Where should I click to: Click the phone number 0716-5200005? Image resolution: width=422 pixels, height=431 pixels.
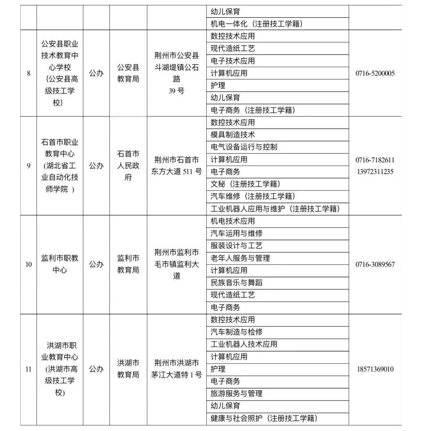[x=375, y=73]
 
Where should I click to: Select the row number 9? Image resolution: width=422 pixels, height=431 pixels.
[x=29, y=165]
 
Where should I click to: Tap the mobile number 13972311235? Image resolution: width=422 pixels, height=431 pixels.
[x=375, y=172]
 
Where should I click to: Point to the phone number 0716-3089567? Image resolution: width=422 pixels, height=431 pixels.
[x=375, y=264]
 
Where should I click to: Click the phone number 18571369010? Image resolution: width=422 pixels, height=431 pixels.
[x=375, y=369]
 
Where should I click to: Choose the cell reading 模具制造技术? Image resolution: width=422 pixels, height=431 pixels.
[x=233, y=135]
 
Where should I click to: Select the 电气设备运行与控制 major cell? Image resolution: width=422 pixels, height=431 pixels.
[x=244, y=147]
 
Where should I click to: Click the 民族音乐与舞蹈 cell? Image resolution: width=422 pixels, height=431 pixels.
[x=236, y=283]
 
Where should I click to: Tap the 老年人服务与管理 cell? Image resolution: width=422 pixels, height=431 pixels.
[x=240, y=258]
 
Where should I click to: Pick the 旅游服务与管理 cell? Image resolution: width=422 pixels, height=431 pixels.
[x=236, y=393]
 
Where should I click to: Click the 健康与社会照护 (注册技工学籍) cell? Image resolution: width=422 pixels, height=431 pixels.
[x=263, y=418]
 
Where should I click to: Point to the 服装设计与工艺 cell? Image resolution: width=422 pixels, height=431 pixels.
[x=236, y=246]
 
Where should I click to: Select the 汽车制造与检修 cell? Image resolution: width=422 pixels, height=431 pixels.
[x=236, y=332]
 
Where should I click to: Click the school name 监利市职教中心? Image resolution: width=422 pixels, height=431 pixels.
[x=60, y=264]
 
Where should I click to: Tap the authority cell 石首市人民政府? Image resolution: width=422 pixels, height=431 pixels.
[x=128, y=165]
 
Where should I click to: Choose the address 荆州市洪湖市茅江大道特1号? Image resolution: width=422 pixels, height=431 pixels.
[x=177, y=369]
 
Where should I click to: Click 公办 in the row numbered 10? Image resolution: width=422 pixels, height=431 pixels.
[x=96, y=264]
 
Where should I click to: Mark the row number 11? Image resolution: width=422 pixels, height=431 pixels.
[x=29, y=369]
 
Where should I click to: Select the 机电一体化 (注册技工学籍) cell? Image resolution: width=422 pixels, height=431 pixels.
[x=257, y=24]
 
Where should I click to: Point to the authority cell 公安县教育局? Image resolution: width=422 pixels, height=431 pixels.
[x=128, y=73]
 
